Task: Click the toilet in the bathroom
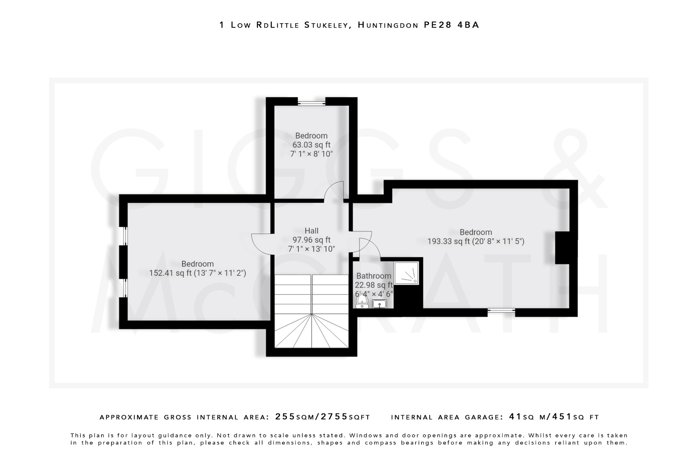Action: (362, 301)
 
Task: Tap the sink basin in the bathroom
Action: (379, 303)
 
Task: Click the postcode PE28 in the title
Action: (438, 25)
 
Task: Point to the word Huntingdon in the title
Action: (388, 25)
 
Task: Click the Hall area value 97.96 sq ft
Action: (311, 240)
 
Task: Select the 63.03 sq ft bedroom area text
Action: (311, 145)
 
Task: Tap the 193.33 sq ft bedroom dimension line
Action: (476, 241)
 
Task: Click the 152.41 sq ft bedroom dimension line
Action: (197, 273)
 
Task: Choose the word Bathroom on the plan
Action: (374, 276)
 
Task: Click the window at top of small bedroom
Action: (312, 102)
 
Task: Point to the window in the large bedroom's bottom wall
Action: (501, 311)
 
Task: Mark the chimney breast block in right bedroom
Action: (566, 248)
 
